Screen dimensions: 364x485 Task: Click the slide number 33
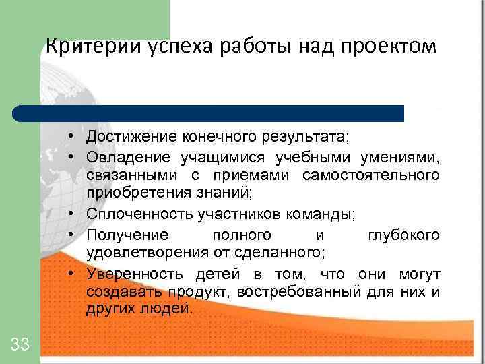[20, 345]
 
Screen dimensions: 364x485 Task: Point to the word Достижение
[128, 138]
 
